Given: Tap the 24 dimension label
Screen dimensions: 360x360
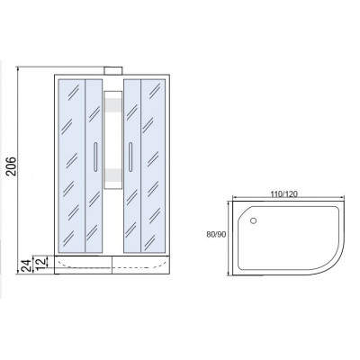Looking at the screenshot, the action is click(x=27, y=265).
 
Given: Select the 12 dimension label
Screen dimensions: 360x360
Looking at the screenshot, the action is click(x=42, y=262).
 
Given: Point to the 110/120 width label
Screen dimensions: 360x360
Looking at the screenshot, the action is click(x=283, y=194).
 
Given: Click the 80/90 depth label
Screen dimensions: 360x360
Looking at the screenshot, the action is click(x=216, y=235).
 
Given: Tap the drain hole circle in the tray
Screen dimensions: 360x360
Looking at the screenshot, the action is click(x=253, y=220).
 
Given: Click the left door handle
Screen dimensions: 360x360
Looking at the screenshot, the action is click(x=95, y=157).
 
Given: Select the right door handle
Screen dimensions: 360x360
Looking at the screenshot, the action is click(x=130, y=157).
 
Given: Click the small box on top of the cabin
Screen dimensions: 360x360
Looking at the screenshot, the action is click(x=112, y=70).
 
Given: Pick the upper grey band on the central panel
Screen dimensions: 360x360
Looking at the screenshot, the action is click(x=112, y=104).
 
